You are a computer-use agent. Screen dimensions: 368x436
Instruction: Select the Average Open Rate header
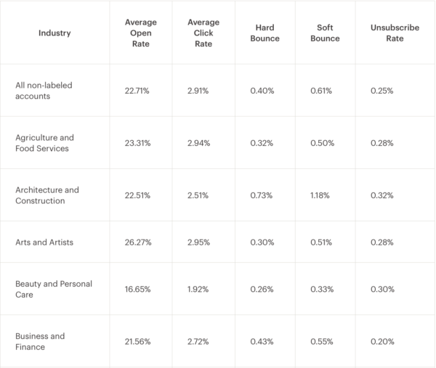pyautogui.click(x=140, y=33)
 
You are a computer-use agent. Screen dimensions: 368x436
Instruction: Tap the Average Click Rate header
pyautogui.click(x=203, y=33)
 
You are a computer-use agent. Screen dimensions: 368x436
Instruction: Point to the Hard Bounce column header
pyautogui.click(x=265, y=33)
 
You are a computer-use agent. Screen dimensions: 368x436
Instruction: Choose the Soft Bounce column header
pyautogui.click(x=325, y=33)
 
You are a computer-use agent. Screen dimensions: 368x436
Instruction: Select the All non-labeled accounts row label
pyautogui.click(x=44, y=91)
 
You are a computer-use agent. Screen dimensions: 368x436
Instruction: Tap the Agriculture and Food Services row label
pyautogui.click(x=44, y=143)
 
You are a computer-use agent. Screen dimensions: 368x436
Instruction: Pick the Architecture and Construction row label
pyautogui.click(x=47, y=195)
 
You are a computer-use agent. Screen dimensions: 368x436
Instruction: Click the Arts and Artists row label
pyautogui.click(x=44, y=242)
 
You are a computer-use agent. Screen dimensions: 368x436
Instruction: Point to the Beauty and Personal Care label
pyautogui.click(x=54, y=289)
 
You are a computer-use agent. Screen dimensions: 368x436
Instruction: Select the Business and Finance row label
pyautogui.click(x=40, y=341)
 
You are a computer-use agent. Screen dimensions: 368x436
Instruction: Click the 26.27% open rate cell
pyautogui.click(x=138, y=242)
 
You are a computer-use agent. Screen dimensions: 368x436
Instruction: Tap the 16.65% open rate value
pyautogui.click(x=138, y=289)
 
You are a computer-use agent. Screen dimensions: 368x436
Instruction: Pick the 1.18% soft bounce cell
pyautogui.click(x=320, y=195)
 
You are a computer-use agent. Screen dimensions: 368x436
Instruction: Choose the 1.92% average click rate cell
pyautogui.click(x=198, y=289)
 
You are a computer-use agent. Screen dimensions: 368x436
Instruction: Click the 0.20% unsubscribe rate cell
pyautogui.click(x=382, y=341)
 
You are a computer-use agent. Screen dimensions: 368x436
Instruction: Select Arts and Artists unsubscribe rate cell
pyautogui.click(x=382, y=242)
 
